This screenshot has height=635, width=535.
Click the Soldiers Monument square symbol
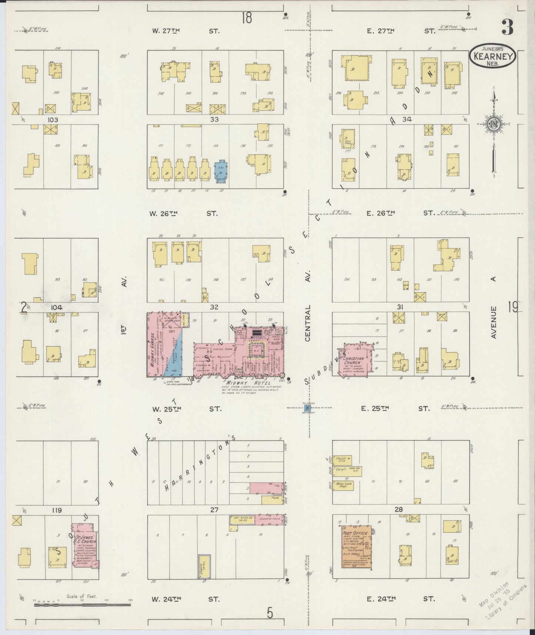pos(307,408)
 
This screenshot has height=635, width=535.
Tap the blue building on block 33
pos(221,172)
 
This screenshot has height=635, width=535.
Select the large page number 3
pos(507,27)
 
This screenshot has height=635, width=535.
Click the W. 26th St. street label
pos(184,213)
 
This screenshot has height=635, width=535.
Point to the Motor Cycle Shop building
pos(342,486)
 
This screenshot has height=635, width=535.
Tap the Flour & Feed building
pos(271,520)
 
